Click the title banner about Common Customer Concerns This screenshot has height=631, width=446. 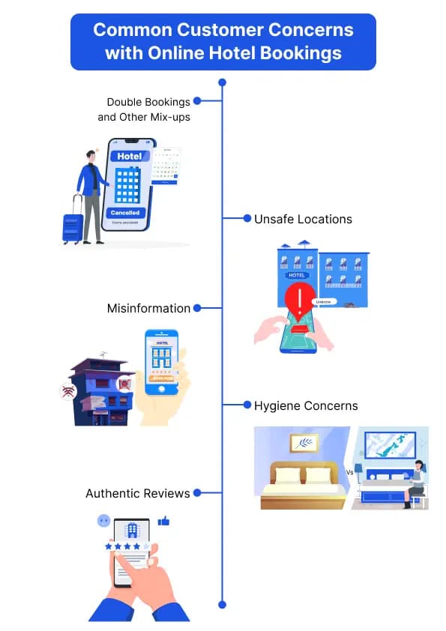tap(223, 42)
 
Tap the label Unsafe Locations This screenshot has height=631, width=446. tap(302, 219)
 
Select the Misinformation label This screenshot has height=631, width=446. tap(148, 308)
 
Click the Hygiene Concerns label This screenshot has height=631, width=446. tap(305, 405)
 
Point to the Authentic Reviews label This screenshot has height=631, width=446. tap(138, 493)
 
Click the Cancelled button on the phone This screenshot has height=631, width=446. tap(126, 213)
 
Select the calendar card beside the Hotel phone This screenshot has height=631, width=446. tap(166, 166)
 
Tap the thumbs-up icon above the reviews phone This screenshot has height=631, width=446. tap(163, 521)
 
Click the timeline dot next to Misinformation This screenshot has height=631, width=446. tap(197, 308)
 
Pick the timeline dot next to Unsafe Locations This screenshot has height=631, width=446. tap(247, 219)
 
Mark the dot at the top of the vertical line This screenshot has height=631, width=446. tap(222, 82)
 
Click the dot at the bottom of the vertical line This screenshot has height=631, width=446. tap(222, 603)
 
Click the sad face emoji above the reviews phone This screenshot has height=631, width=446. tap(103, 521)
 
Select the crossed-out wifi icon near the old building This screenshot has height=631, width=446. tap(67, 390)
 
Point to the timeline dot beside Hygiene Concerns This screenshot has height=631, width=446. tap(247, 405)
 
